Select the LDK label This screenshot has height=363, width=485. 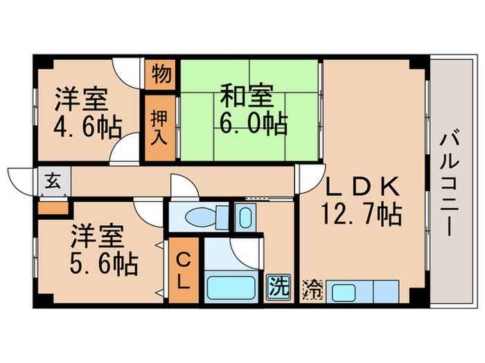point(362,187)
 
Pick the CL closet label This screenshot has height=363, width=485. point(183,270)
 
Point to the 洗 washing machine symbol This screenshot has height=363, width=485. point(276,284)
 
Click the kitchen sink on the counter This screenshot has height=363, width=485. point(344,291)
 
